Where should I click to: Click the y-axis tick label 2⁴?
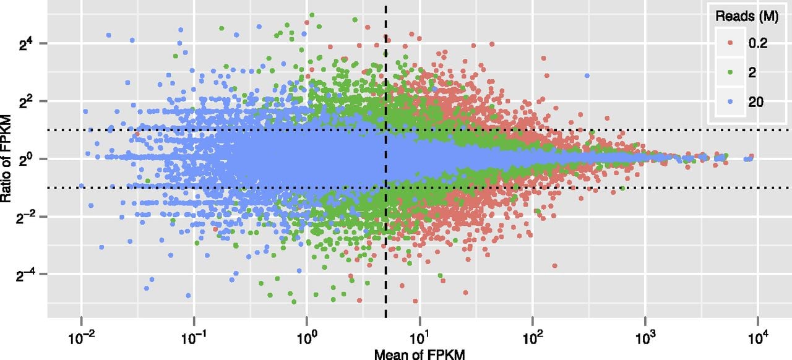click(x=27, y=44)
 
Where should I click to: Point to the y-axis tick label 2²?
click(x=27, y=102)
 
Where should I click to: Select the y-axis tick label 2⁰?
click(x=27, y=160)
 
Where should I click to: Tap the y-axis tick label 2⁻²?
click(x=25, y=218)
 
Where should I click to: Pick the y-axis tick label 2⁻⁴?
click(x=25, y=275)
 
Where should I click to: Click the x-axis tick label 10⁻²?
click(x=81, y=338)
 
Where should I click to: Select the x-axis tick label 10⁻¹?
click(x=194, y=338)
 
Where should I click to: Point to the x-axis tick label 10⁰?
click(x=306, y=338)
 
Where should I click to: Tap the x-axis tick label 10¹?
click(x=420, y=338)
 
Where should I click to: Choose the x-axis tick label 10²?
click(x=532, y=338)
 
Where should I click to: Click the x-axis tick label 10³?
click(x=645, y=338)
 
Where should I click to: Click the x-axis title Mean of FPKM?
click(x=420, y=354)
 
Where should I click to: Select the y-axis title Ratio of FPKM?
click(x=6, y=158)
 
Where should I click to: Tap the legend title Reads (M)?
click(x=747, y=16)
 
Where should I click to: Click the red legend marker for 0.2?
click(x=730, y=43)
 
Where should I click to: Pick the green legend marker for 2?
click(x=730, y=72)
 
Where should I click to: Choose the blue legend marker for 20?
click(x=730, y=102)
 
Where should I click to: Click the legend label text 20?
click(x=755, y=102)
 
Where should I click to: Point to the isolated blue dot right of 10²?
click(x=587, y=75)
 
